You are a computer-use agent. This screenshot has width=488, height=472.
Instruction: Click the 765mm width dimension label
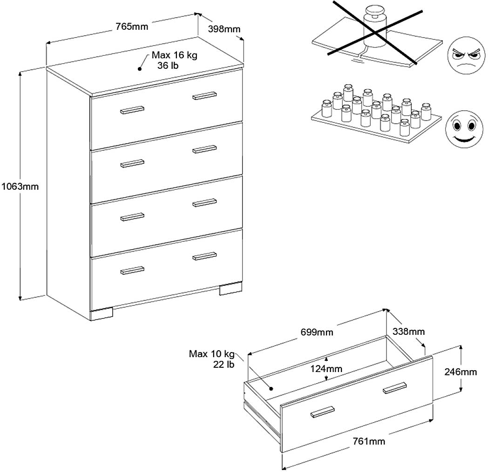[132, 27]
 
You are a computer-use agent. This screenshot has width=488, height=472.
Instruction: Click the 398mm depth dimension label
[224, 29]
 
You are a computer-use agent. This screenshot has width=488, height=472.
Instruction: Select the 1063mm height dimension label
[19, 187]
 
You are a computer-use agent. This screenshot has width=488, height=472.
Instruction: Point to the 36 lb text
[168, 66]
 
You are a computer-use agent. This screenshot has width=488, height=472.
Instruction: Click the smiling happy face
[462, 127]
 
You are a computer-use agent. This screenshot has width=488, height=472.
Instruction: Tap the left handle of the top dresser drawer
[132, 110]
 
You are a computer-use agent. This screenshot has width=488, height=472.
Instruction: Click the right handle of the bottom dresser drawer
[204, 256]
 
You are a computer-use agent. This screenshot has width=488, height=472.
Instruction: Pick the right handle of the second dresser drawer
[204, 149]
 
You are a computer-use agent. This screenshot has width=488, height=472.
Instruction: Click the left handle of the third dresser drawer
[132, 217]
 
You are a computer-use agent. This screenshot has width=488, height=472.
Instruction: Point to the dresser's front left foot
[102, 314]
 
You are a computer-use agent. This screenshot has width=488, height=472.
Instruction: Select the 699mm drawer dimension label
[317, 332]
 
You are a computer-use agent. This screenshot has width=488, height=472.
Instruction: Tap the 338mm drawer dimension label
[408, 332]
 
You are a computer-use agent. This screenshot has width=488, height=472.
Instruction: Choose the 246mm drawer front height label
[461, 372]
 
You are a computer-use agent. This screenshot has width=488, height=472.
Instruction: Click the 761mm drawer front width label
[369, 441]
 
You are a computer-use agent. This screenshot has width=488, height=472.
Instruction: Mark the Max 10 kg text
[212, 354]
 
